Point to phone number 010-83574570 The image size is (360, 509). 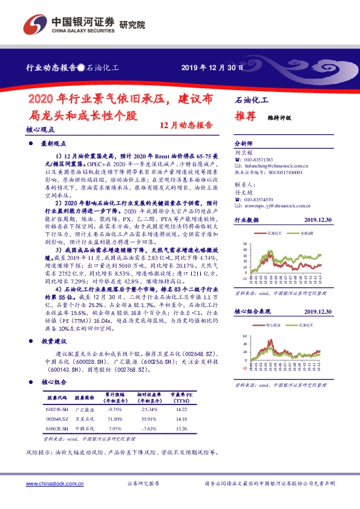pos(260,199)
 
